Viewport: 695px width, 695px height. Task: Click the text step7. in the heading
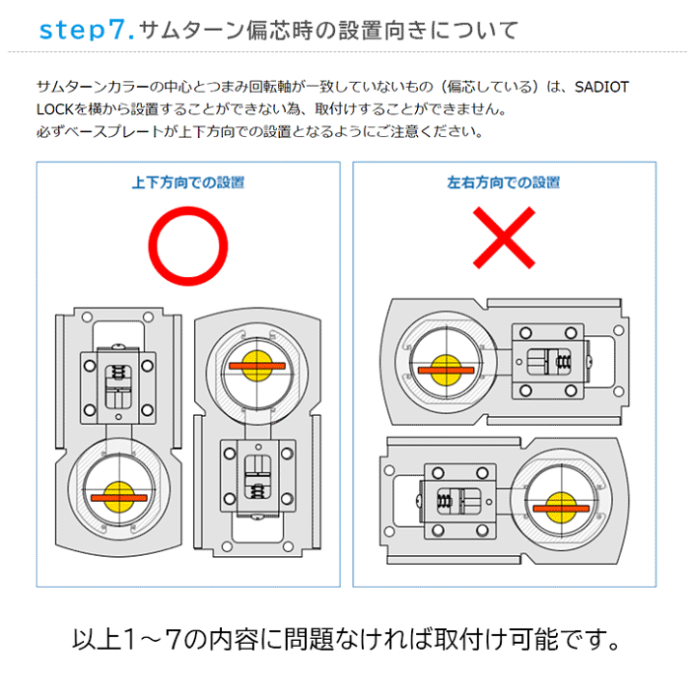(x=83, y=30)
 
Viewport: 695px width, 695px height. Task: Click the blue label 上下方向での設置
(x=188, y=182)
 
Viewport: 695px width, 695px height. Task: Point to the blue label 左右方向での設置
(x=503, y=182)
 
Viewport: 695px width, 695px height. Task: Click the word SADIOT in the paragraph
(x=601, y=88)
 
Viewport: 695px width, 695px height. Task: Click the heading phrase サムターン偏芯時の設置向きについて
(x=328, y=30)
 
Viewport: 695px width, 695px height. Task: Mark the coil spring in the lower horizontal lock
(x=446, y=499)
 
